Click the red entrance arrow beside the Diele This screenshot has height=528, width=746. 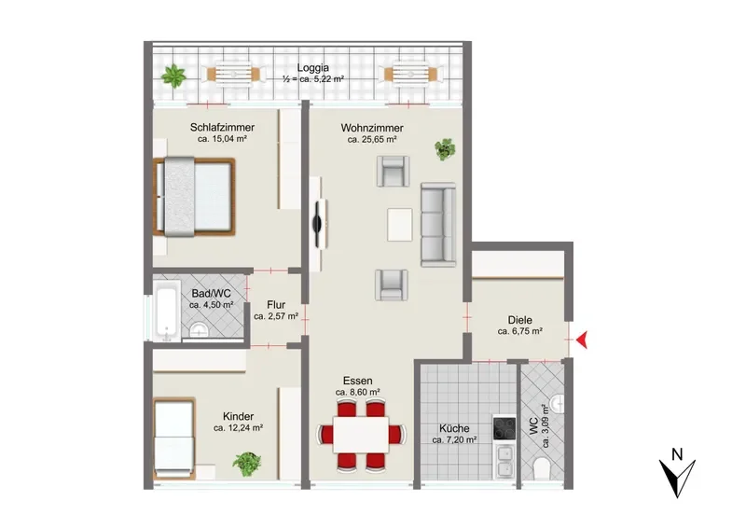click(x=582, y=340)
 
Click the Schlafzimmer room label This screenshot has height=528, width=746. click(x=222, y=127)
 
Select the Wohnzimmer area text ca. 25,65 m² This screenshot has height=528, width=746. click(x=372, y=140)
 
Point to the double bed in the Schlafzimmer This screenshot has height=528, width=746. click(x=194, y=197)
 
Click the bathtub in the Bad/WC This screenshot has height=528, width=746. click(x=167, y=310)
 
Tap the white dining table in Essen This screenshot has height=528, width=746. click(x=361, y=435)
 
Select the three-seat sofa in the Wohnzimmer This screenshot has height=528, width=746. click(x=438, y=224)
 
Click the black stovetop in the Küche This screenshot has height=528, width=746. click(x=504, y=428)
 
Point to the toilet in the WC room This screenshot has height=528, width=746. click(x=542, y=468)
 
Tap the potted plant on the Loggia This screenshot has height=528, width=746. click(x=173, y=76)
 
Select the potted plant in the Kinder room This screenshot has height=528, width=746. click(x=247, y=464)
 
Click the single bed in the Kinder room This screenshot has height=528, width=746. click(x=174, y=438)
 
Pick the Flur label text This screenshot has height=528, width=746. click(x=276, y=305)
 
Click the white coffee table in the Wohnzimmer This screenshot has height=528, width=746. click(x=400, y=225)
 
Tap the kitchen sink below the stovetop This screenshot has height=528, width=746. click(x=504, y=461)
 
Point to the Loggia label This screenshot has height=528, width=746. click(x=313, y=68)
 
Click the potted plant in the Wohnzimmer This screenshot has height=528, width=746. click(x=445, y=149)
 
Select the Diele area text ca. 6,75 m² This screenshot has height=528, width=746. click(x=520, y=331)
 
